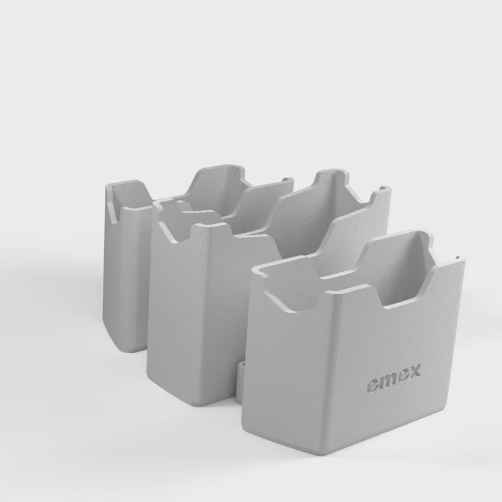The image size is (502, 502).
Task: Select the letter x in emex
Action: coord(414,371)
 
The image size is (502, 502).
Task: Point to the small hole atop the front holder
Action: coord(457,257)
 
